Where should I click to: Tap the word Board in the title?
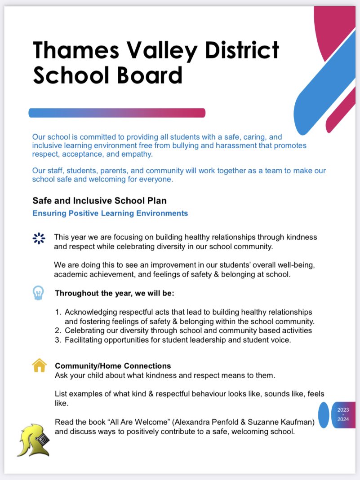(x=149, y=75)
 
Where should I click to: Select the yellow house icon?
(x=40, y=365)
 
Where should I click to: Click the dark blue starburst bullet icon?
(x=39, y=238)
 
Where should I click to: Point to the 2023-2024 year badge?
(x=343, y=415)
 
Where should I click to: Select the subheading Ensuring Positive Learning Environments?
(x=110, y=213)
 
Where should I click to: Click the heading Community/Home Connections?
(x=113, y=366)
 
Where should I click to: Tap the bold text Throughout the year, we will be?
(x=114, y=293)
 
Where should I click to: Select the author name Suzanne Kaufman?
(x=261, y=423)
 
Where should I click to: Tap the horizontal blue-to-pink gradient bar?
(x=117, y=113)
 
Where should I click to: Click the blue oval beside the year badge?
(x=324, y=415)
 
